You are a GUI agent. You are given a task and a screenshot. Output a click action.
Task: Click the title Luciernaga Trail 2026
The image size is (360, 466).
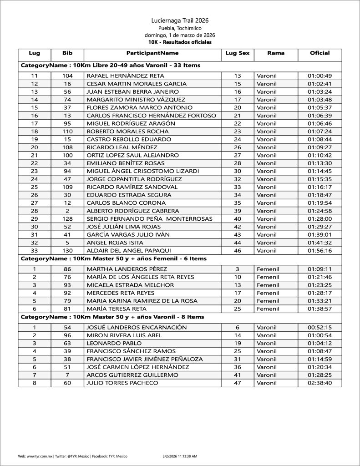tap(180, 20)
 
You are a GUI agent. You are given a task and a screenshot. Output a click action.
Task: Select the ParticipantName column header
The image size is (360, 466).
tap(152, 53)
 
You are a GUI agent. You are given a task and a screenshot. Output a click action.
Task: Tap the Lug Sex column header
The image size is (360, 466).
tap(238, 53)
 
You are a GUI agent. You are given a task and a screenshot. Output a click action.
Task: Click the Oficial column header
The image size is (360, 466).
tap(319, 53)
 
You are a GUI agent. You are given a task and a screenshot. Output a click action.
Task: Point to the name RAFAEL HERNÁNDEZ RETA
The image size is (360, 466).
tap(125, 76)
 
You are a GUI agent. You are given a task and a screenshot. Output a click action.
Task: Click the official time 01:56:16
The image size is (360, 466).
tap(319, 250)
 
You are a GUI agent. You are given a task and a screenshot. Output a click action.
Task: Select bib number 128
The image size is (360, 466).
tap(67, 219)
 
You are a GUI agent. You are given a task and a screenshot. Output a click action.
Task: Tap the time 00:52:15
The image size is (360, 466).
tap(319, 327)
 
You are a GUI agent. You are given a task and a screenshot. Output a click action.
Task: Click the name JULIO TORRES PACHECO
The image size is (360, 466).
tap(122, 383)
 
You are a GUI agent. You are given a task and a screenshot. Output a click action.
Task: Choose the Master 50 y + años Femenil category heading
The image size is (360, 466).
tap(114, 258)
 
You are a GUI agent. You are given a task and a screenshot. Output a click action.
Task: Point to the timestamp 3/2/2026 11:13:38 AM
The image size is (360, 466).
tap(180, 456)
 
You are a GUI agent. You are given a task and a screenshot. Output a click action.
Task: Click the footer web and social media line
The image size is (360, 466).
tap(73, 456)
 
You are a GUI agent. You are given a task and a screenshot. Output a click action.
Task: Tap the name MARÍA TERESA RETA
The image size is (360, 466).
tap(117, 309)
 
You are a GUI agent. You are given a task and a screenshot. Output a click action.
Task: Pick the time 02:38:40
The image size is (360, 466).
tap(319, 383)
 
